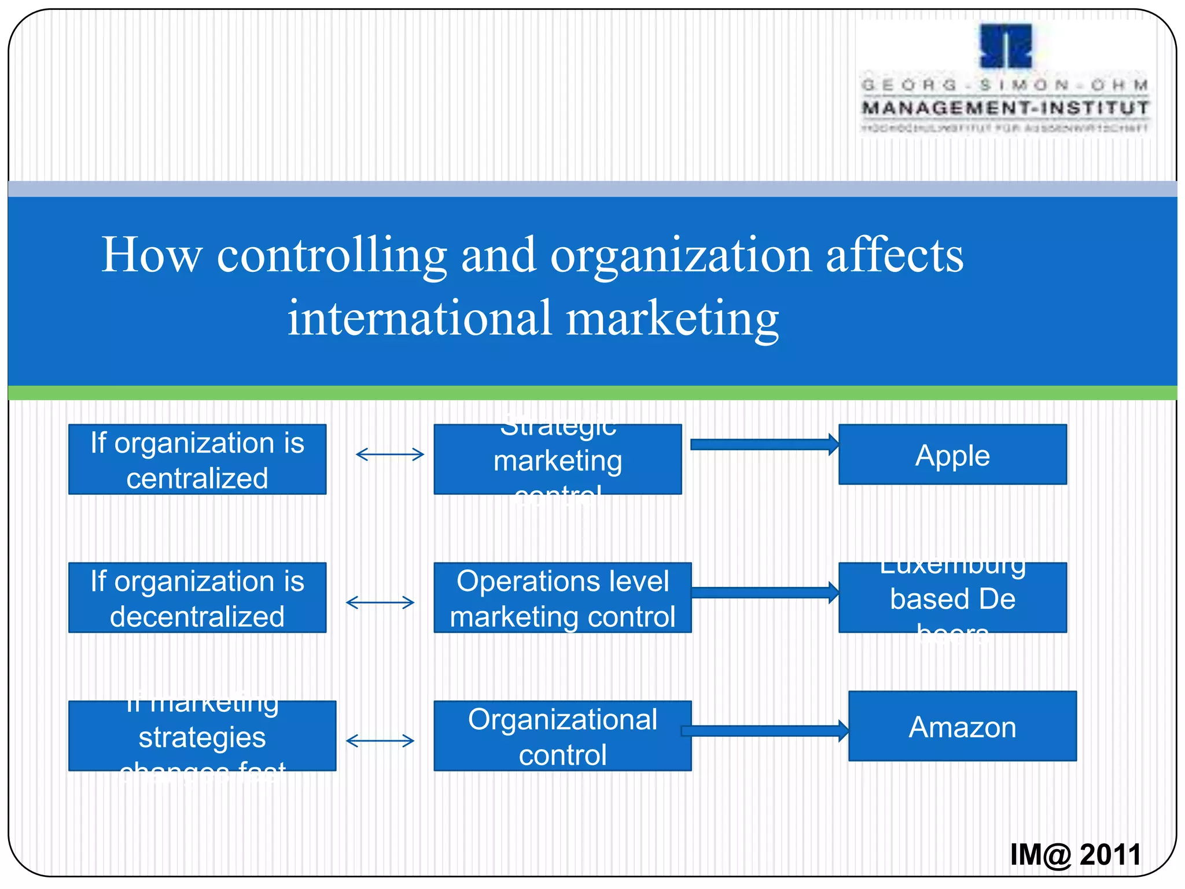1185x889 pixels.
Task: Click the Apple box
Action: [952, 454]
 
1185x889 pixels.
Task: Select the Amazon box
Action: [962, 726]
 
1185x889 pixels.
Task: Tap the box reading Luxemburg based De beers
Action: [952, 597]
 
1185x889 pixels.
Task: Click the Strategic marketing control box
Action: [557, 459]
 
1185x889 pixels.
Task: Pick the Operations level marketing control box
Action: [562, 597]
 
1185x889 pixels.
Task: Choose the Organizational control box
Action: [562, 736]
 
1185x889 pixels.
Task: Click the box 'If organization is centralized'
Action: [197, 459]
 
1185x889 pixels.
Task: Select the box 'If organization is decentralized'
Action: [197, 597]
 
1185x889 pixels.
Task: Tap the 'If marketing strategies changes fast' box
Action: [202, 736]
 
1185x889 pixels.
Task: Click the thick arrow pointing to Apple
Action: [764, 444]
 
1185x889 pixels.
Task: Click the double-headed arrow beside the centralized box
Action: [389, 454]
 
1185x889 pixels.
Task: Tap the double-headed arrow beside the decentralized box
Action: [380, 603]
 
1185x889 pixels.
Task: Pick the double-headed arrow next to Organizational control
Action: [380, 741]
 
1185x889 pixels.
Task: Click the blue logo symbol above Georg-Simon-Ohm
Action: [1006, 46]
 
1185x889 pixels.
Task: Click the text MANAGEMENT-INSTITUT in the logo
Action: [1006, 108]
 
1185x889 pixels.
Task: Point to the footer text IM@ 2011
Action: [1075, 855]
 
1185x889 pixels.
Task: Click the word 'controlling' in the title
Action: [332, 255]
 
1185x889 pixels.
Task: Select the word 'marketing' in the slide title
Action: [672, 318]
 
